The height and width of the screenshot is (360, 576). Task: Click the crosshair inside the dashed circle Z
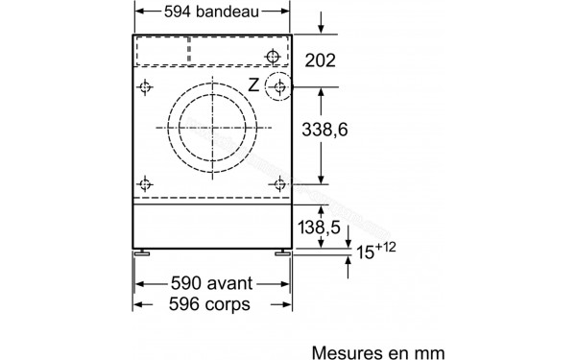point(278,87)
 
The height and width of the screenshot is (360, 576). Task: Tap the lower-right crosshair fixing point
point(278,183)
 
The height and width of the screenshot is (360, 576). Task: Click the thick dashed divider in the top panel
point(188,50)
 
